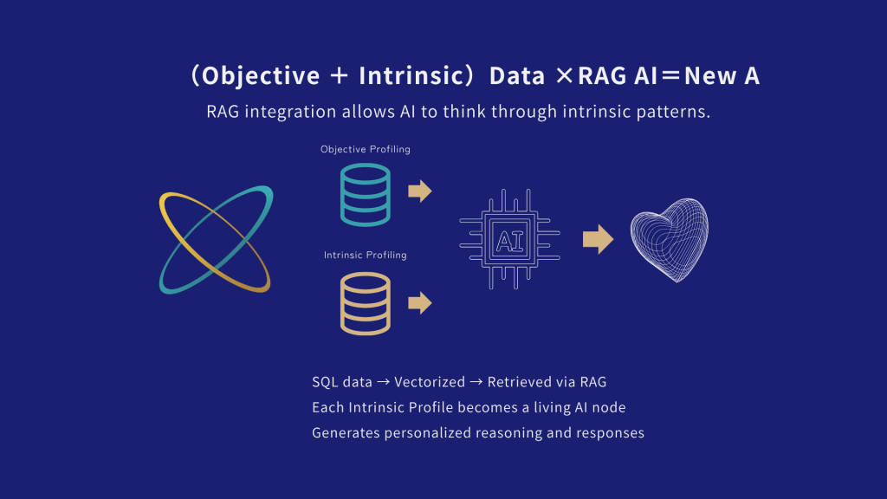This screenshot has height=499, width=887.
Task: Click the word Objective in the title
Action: (261, 76)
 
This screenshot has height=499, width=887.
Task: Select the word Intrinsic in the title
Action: (411, 76)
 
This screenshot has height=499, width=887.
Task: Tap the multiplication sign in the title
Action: (564, 75)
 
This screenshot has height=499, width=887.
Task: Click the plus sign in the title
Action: (339, 75)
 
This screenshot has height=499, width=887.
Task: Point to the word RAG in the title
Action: (602, 76)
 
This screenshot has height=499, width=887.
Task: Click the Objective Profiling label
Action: (366, 149)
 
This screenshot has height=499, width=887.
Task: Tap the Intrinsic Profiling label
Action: (366, 256)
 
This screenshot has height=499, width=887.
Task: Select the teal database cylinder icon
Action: (366, 195)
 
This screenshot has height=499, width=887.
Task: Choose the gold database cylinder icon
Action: (366, 304)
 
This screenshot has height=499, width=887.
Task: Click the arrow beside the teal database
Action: (420, 191)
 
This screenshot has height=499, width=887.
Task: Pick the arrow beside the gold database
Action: (420, 302)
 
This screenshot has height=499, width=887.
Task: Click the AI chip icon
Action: (509, 239)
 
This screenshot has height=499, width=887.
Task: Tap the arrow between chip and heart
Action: (598, 239)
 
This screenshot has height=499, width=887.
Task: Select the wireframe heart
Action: (670, 240)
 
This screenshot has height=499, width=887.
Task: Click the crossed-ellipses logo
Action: (216, 240)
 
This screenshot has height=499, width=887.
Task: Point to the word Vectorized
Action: (430, 382)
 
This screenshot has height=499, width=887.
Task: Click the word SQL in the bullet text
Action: (325, 382)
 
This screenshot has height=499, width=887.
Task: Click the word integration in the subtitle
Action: (290, 112)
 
